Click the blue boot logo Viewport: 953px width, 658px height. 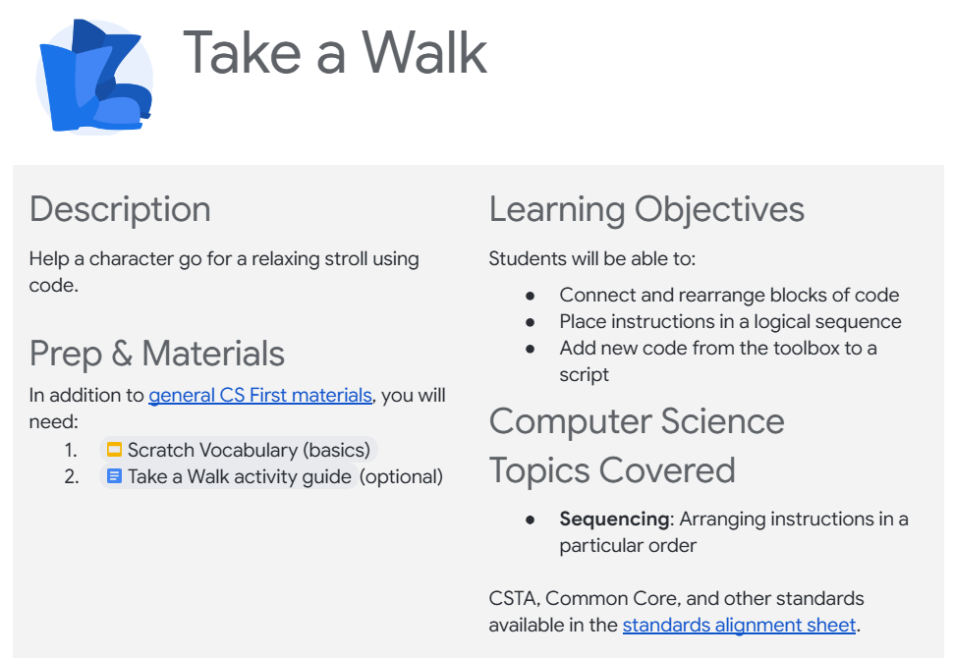pyautogui.click(x=95, y=77)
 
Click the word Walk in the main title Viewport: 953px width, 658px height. pyautogui.click(x=424, y=53)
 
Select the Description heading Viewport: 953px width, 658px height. pyautogui.click(x=120, y=209)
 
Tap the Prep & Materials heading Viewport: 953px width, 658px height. pyautogui.click(x=157, y=354)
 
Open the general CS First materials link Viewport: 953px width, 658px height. pyautogui.click(x=260, y=395)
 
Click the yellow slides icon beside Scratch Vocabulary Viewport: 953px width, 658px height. pyautogui.click(x=114, y=450)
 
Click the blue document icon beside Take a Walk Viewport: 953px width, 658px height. pyautogui.click(x=114, y=475)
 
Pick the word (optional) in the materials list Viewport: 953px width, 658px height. pyautogui.click(x=401, y=477)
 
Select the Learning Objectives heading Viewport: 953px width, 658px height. pyautogui.click(x=646, y=209)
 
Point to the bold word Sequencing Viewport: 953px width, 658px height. pyautogui.click(x=614, y=520)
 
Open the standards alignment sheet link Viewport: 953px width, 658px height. pyautogui.click(x=739, y=625)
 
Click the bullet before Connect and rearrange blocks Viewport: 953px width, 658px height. pyautogui.click(x=530, y=296)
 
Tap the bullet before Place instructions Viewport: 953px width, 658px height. pyautogui.click(x=530, y=323)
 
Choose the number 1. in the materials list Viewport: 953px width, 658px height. pyautogui.click(x=71, y=450)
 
